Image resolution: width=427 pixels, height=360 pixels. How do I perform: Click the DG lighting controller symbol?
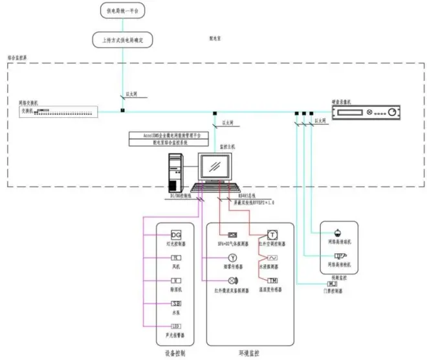[176, 234]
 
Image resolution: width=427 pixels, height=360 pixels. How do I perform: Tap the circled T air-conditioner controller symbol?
[272, 234]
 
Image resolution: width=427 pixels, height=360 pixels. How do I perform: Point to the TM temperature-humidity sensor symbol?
[272, 280]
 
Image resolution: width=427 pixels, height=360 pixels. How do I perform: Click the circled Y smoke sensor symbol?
[232, 258]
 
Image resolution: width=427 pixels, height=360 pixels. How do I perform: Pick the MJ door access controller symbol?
[333, 283]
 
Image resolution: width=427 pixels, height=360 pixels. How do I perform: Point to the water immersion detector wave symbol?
[272, 258]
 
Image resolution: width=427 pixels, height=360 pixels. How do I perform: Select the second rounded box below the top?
[122, 40]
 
